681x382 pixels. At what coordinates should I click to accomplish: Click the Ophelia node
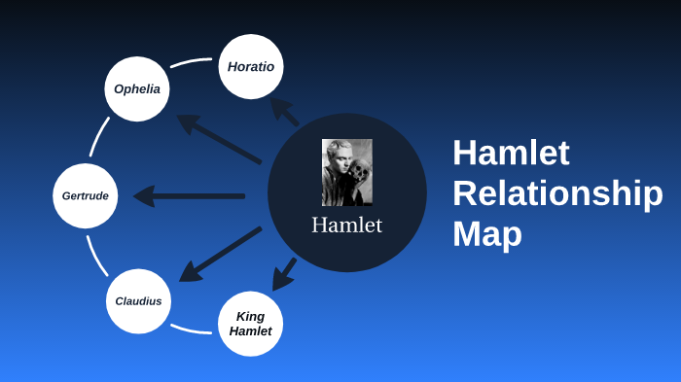(137, 88)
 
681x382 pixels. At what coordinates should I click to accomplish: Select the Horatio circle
(251, 67)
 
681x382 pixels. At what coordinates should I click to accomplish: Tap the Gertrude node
(85, 195)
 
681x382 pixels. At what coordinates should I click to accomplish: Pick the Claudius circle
(138, 300)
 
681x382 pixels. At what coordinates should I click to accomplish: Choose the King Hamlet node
(250, 324)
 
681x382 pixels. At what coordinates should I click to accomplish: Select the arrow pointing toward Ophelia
(218, 139)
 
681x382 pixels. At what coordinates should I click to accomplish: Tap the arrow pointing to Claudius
(220, 255)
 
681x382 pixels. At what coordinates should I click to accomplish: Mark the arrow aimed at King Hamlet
(284, 274)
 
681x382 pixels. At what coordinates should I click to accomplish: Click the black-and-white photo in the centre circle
(346, 172)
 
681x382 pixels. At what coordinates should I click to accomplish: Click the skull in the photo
(359, 176)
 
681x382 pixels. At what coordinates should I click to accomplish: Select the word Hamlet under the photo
(346, 226)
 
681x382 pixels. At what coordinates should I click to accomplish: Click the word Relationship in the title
(556, 193)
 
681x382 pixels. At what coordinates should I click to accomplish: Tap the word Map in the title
(486, 234)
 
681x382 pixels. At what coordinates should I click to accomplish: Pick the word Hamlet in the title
(511, 153)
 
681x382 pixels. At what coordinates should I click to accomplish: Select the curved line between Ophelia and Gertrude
(98, 136)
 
